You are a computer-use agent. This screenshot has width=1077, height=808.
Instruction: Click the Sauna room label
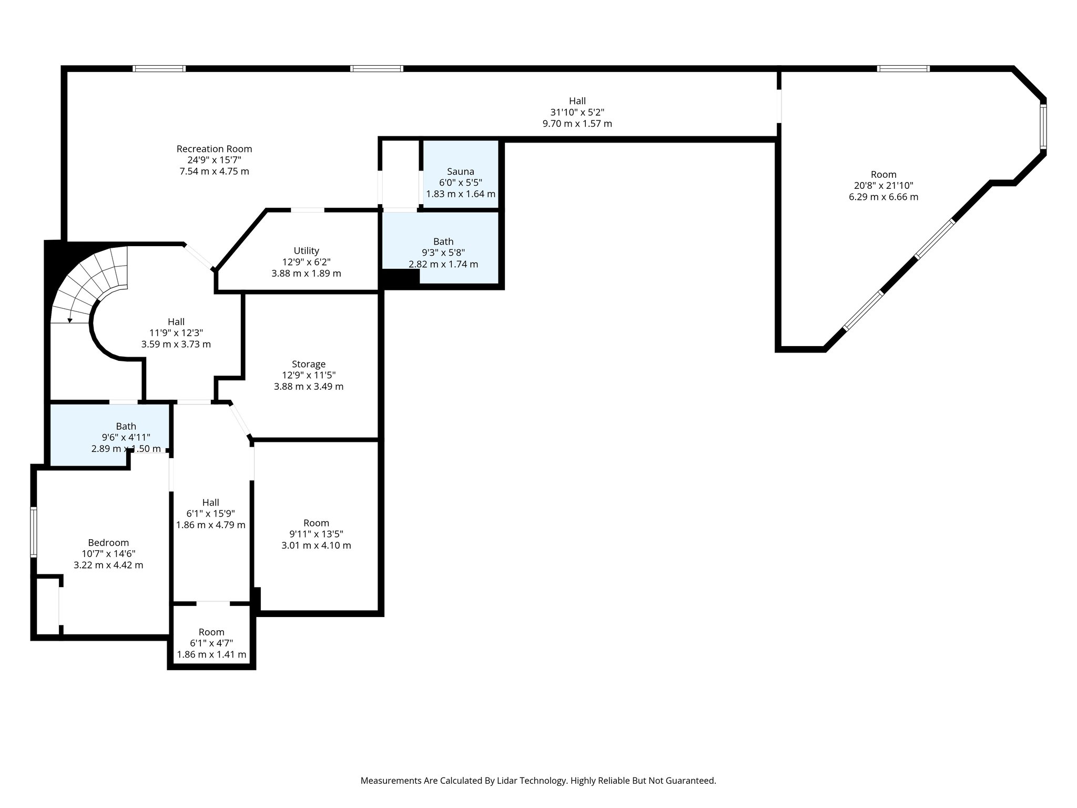click(x=460, y=171)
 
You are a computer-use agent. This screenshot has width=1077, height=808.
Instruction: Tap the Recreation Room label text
click(x=214, y=149)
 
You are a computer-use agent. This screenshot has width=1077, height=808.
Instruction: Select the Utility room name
click(x=306, y=251)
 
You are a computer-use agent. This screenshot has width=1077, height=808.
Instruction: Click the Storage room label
click(x=309, y=364)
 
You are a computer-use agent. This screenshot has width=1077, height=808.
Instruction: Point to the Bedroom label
click(x=108, y=543)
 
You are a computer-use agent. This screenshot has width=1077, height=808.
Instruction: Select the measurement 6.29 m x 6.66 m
click(x=883, y=197)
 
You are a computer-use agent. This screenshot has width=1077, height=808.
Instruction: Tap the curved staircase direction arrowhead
click(x=70, y=320)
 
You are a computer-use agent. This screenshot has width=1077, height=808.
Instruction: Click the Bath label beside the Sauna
click(x=443, y=241)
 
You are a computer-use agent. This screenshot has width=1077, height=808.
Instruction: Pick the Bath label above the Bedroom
click(x=126, y=426)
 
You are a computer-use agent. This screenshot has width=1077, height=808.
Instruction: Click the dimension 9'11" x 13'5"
click(x=316, y=534)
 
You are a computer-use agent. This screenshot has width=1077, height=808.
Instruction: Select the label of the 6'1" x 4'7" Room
click(x=211, y=632)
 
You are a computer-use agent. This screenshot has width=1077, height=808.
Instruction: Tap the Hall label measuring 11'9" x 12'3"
click(x=176, y=321)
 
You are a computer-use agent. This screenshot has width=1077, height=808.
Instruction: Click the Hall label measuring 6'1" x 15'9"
click(x=210, y=502)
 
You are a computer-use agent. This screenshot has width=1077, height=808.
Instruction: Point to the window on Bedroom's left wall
click(x=34, y=531)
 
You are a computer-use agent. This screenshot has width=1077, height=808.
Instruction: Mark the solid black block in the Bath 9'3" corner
click(x=400, y=278)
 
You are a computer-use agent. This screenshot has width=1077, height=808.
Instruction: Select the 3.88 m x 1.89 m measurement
click(x=306, y=274)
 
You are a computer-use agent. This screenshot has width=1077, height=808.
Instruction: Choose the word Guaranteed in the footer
click(x=690, y=781)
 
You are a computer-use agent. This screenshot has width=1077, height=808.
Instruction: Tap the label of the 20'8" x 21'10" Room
click(x=883, y=175)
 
